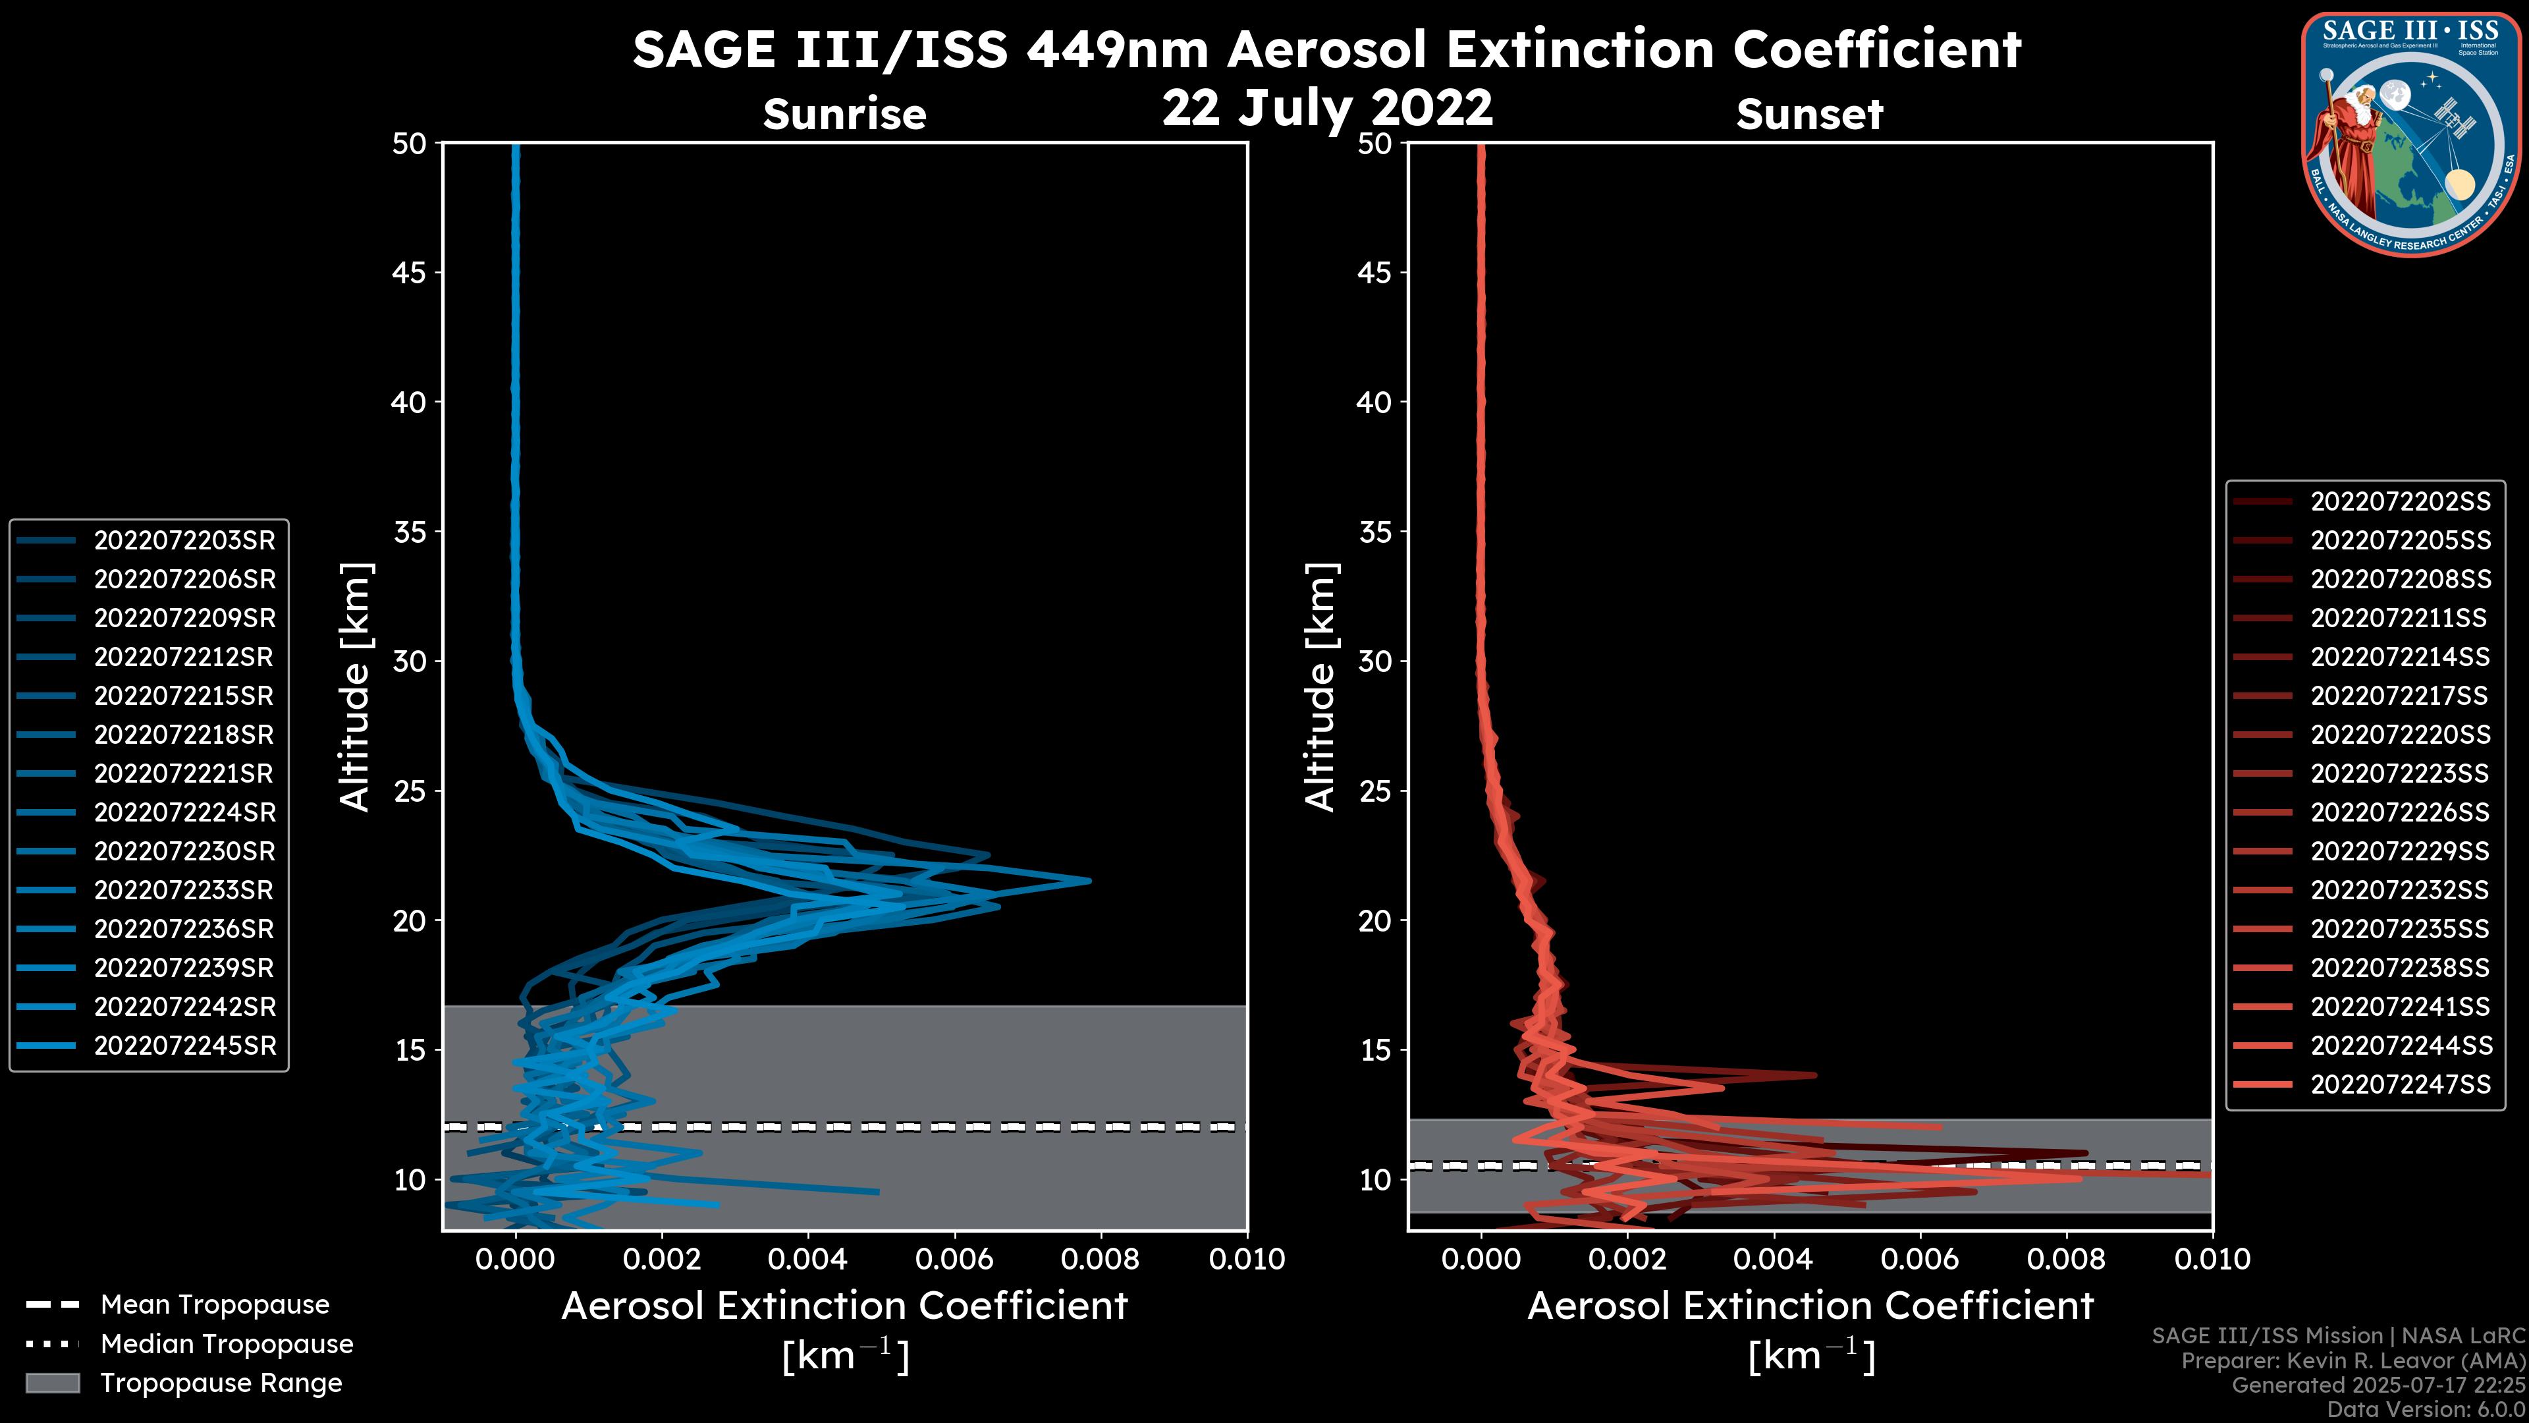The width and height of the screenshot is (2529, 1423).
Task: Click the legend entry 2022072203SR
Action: click(184, 540)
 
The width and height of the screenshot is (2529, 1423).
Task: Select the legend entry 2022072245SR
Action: click(184, 1046)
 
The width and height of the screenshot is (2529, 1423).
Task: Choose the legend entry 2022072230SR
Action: click(184, 851)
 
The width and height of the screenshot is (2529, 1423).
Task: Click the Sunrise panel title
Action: click(844, 115)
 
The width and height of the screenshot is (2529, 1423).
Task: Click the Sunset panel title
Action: click(1809, 115)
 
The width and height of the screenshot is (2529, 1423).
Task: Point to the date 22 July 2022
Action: click(1327, 108)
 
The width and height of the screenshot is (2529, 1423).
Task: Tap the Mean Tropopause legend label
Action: click(215, 1305)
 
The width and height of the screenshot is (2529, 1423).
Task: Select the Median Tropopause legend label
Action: click(227, 1345)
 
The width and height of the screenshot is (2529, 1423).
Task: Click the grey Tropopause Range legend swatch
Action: click(53, 1383)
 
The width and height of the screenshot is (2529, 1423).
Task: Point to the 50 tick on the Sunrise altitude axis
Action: click(410, 144)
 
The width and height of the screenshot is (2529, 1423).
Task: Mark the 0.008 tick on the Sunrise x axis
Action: click(1101, 1259)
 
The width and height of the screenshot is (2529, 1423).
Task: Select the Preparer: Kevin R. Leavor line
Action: click(2353, 1361)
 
